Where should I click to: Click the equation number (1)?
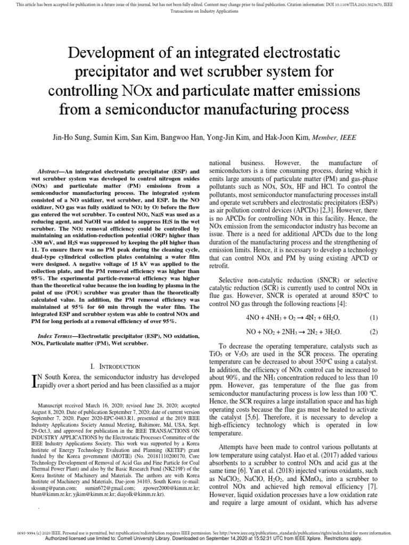tap(373, 317)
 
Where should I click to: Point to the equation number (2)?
tap(373, 332)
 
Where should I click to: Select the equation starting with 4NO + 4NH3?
tap(292, 317)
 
